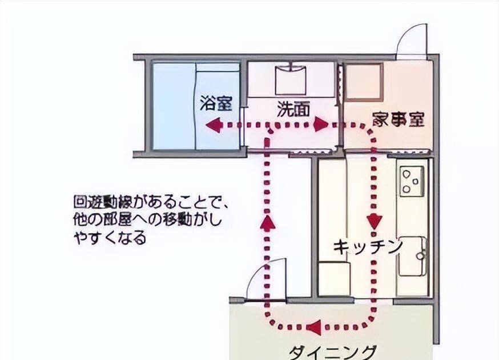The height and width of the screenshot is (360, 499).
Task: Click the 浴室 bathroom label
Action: [216, 103]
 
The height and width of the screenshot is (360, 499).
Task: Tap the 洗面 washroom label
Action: [293, 109]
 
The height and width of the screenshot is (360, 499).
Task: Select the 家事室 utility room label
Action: [399, 119]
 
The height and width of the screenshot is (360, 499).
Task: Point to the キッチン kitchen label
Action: [368, 247]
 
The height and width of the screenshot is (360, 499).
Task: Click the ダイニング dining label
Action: [332, 353]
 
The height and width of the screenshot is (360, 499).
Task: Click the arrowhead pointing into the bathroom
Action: [213, 125]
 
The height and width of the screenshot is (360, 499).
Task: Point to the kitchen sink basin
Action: [411, 256]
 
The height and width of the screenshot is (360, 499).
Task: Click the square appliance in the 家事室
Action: [364, 82]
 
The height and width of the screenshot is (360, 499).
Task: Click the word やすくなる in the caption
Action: [110, 237]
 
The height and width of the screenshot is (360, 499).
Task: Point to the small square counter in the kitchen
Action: [333, 278]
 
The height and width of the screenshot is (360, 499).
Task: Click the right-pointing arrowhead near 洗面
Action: [321, 125]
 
